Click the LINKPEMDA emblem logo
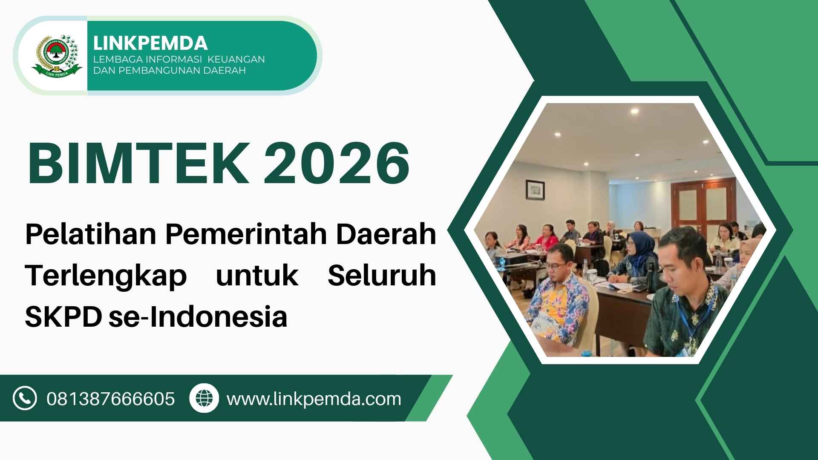click(x=57, y=56)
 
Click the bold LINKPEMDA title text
click(x=150, y=43)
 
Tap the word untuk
click(x=257, y=275)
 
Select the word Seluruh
click(x=382, y=275)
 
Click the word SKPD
click(x=63, y=316)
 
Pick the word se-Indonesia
click(x=198, y=316)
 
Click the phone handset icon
click(x=25, y=398)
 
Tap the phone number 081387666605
click(x=111, y=399)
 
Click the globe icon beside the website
click(x=204, y=398)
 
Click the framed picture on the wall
click(x=535, y=190)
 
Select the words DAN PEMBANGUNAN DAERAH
click(x=170, y=70)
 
